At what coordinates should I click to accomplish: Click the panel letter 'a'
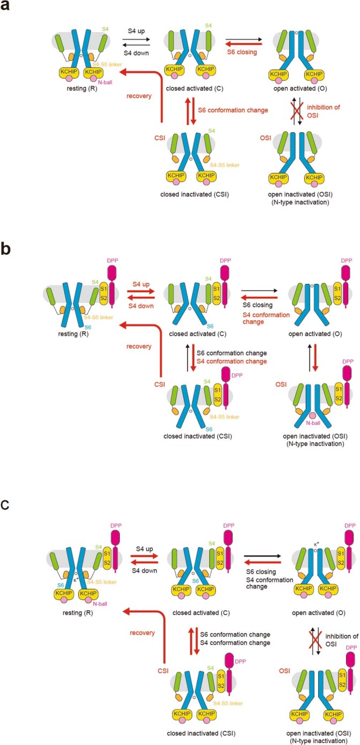click(7, 7)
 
